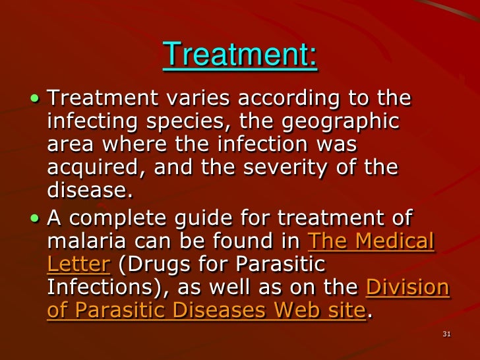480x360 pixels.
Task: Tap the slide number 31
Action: point(446,334)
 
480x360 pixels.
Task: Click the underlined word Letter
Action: point(76,264)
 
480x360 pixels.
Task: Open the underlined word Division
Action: point(407,287)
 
